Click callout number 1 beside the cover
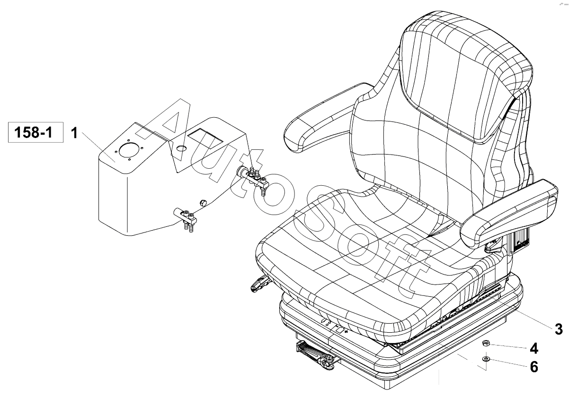74,133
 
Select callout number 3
559,329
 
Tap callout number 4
533,348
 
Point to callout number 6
534,367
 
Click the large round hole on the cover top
129,150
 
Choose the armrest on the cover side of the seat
328,119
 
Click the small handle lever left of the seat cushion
260,284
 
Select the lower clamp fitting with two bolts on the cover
186,218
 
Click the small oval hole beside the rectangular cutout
181,148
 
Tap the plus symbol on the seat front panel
346,332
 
